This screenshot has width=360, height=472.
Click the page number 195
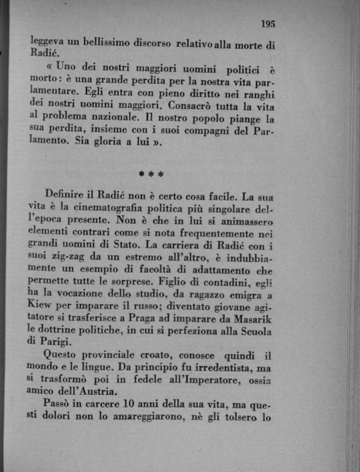pyautogui.click(x=268, y=24)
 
